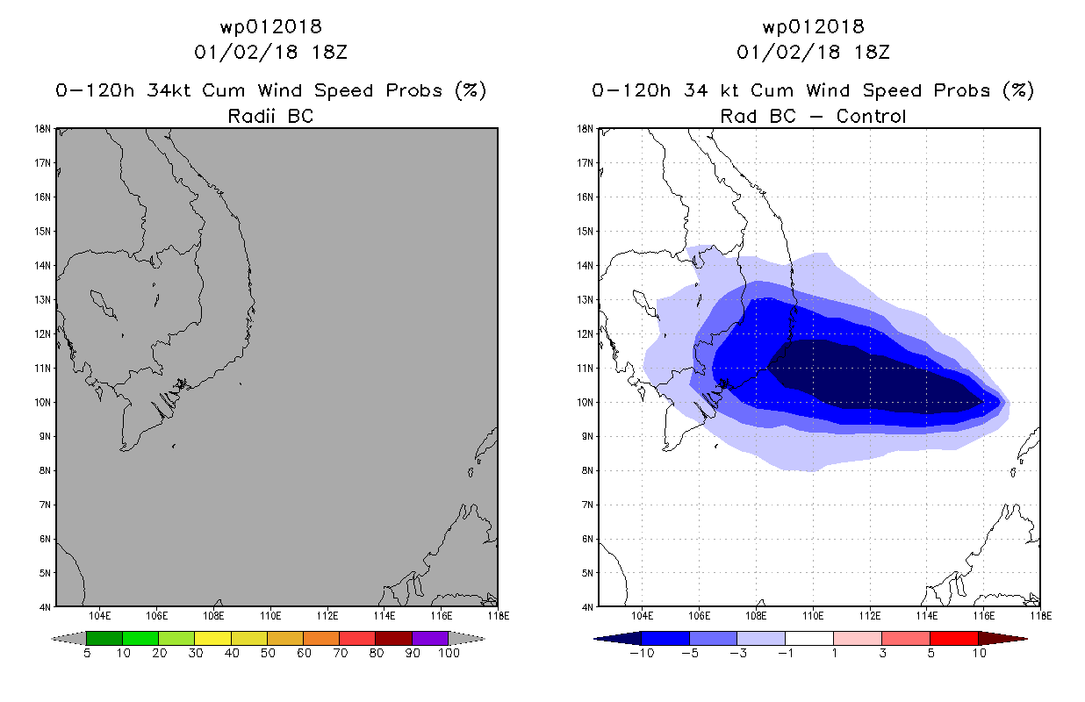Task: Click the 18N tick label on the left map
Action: click(43, 129)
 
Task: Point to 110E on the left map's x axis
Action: click(270, 616)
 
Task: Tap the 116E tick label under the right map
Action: click(984, 616)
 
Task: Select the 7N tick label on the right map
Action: click(587, 505)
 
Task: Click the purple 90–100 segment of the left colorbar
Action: click(430, 638)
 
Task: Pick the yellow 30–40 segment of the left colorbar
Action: click(212, 638)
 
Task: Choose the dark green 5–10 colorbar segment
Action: click(104, 638)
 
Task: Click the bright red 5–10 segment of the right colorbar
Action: click(954, 638)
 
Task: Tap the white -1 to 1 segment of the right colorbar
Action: click(809, 638)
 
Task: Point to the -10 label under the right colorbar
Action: click(642, 653)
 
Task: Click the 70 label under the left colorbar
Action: click(340, 653)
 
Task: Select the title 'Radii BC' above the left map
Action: click(270, 116)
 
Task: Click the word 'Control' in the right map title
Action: click(871, 116)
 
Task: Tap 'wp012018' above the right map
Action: click(813, 26)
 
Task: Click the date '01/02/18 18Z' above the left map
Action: click(270, 52)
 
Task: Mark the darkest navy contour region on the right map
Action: click(867, 377)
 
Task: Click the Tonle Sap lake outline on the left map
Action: click(103, 304)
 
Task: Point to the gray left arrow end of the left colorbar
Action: click(68, 639)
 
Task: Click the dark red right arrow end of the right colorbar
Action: click(1002, 639)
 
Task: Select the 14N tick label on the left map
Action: click(43, 266)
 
